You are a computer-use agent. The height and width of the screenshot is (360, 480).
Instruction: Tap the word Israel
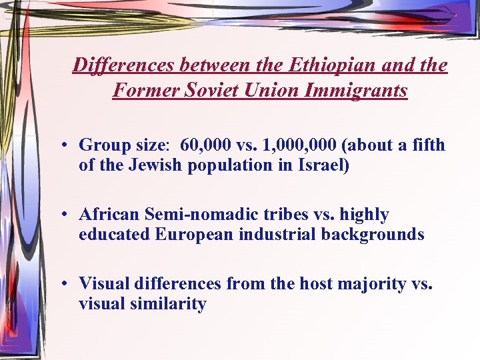(323, 165)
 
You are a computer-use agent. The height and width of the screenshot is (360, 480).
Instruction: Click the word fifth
(427, 145)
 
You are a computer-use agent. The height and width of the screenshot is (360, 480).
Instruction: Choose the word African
(107, 215)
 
